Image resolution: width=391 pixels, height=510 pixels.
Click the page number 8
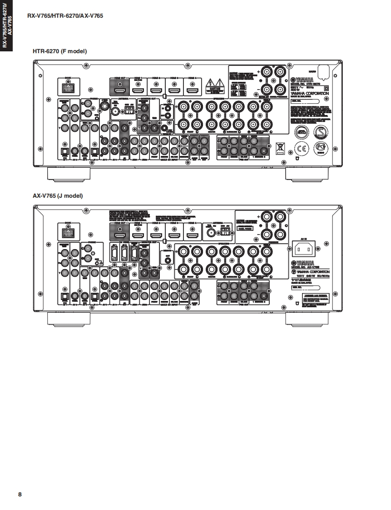pos(20,494)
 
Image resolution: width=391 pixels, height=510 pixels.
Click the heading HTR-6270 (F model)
pos(59,51)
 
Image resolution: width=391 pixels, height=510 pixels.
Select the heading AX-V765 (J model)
pos(58,196)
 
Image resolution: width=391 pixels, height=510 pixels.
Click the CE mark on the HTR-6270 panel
pos(301,149)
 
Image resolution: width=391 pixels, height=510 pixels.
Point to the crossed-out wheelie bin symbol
pos(280,148)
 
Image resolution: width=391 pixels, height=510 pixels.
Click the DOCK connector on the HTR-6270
pos(69,86)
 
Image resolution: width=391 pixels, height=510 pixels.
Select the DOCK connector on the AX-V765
pos(69,232)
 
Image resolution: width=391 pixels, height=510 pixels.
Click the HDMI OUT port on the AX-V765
pos(119,233)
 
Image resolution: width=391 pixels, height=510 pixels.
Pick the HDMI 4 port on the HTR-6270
pos(192,88)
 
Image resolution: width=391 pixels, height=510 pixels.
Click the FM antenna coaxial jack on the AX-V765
pos(210,233)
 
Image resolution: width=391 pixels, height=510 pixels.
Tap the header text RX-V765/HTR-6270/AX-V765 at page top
pos(65,16)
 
